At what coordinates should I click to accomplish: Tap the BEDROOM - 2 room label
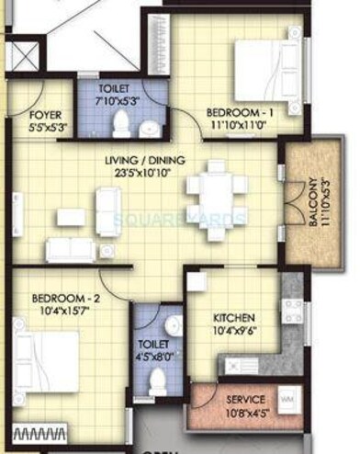point(61,298)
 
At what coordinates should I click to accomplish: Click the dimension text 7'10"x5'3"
point(120,100)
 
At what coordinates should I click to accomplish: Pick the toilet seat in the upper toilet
point(122,124)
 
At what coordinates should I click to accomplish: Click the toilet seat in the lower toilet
point(157,380)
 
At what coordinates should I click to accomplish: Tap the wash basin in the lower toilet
point(173,327)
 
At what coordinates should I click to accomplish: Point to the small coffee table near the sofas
point(71,217)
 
